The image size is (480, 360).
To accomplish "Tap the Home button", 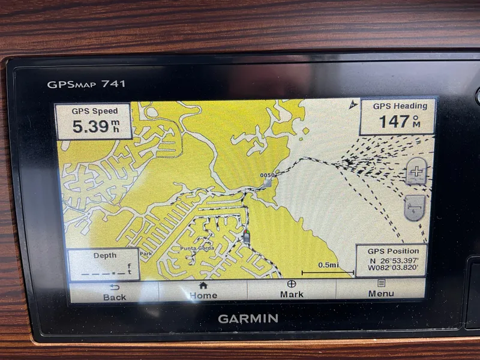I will coord(203,291).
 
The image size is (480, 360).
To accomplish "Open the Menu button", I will coord(381,290).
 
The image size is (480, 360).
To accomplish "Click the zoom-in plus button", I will coord(416,173).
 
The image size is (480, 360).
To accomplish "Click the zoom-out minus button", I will coord(415,208).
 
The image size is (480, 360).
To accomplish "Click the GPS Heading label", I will coord(400,106).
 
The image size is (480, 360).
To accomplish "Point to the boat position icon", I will coord(246,236).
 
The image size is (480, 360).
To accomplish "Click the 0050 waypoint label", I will coord(268,176).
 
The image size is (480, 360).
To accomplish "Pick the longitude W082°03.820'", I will coord(393,269).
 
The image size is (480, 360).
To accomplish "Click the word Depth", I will coord(104,256).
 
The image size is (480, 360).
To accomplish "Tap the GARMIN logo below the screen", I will coord(248,318).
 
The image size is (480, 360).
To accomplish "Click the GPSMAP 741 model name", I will coord(86,84).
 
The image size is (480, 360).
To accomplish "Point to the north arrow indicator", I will coord(352,104).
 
